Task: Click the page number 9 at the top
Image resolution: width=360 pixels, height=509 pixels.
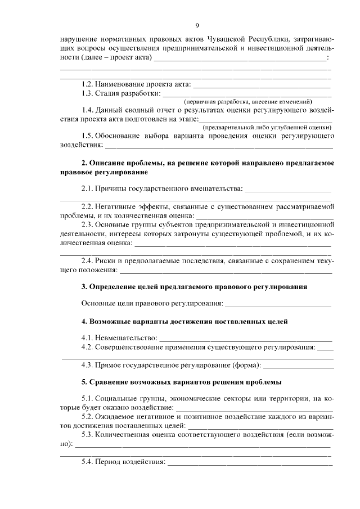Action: (x=197, y=25)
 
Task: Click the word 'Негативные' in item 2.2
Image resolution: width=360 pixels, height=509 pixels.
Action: (x=116, y=206)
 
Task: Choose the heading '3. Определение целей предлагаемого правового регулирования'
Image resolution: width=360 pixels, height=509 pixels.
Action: (x=194, y=286)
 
